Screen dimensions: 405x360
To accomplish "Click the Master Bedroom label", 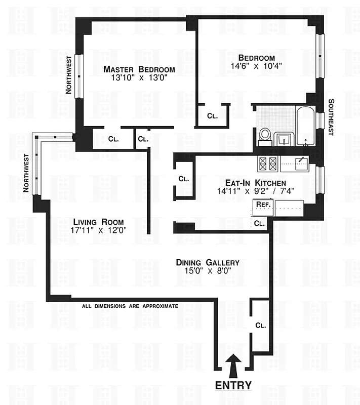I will [139, 69].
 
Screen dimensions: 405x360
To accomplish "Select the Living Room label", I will [98, 222].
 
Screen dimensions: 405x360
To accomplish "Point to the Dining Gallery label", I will [207, 262].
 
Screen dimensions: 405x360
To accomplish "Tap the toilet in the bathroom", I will [264, 135].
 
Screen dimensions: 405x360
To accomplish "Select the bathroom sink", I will [282, 138].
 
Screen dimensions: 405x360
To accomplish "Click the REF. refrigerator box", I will [262, 205].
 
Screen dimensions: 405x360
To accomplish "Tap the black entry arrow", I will [233, 364].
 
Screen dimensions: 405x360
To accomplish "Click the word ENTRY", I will [233, 385].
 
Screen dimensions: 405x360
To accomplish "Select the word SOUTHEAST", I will [331, 116].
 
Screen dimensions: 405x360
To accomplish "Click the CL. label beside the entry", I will [260, 325].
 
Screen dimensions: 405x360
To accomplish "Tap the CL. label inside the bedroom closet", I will [213, 116].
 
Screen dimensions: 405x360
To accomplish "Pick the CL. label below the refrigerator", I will [259, 223].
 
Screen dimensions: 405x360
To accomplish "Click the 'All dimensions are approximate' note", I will [130, 306].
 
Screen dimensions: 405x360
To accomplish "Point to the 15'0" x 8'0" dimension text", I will [207, 271].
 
